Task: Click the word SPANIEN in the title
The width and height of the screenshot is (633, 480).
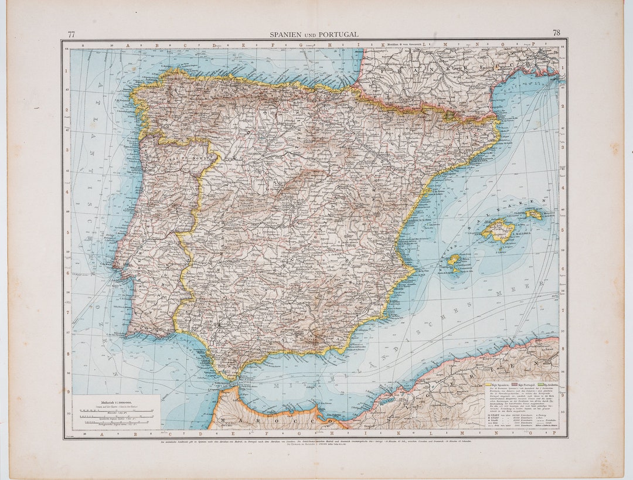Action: coord(285,35)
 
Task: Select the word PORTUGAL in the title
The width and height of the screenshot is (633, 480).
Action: coord(339,35)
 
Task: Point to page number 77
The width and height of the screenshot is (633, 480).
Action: coord(71,35)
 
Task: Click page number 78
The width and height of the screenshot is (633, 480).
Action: coord(556,33)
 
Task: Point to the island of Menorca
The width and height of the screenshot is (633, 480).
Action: coord(534,214)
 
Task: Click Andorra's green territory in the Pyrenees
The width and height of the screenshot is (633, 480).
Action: coord(449,115)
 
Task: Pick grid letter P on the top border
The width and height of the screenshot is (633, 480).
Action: coord(534,43)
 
